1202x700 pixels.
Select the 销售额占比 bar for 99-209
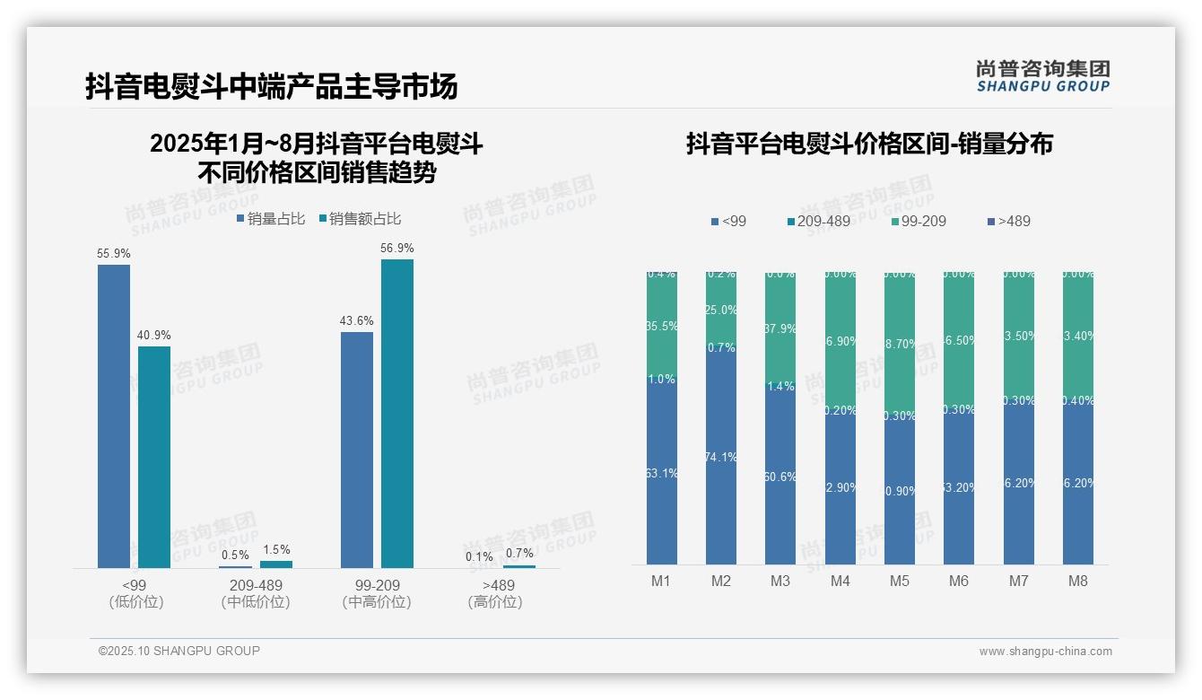(x=397, y=413)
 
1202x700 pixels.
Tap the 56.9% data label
(x=397, y=248)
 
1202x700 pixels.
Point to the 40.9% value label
(x=153, y=335)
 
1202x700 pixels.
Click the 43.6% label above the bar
(x=357, y=320)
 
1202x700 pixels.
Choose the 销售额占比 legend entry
(x=360, y=219)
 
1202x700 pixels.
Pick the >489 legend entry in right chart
(x=1008, y=221)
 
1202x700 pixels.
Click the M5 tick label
(x=900, y=581)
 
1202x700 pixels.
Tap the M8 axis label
(x=1078, y=581)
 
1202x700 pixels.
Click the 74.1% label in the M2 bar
(x=721, y=457)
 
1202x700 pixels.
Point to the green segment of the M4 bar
(x=841, y=341)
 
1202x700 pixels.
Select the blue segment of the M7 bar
(x=1019, y=485)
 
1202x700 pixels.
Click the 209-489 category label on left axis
(x=256, y=585)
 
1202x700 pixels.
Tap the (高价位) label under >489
(x=495, y=602)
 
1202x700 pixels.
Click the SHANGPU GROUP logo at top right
(x=1043, y=75)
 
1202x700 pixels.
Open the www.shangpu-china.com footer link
(x=1045, y=652)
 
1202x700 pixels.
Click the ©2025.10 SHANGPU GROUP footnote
(x=179, y=651)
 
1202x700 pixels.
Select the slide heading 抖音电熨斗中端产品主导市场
(x=272, y=86)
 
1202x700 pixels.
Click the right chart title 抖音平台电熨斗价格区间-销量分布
(x=869, y=144)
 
